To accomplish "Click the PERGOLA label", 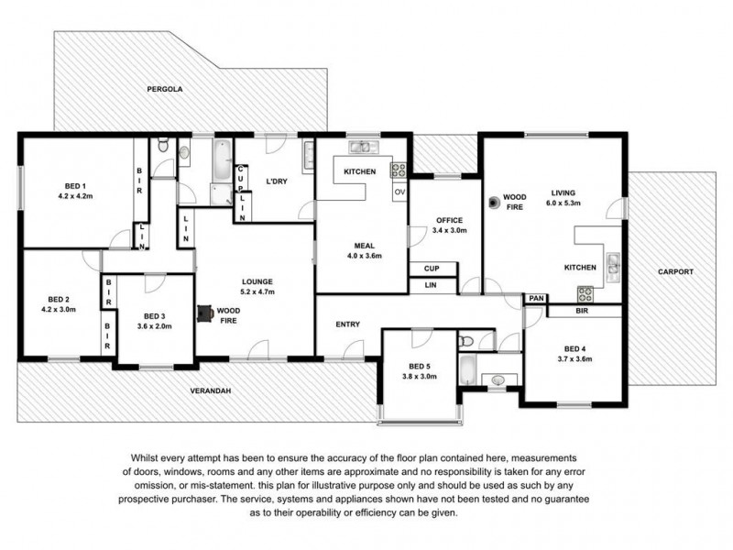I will pyautogui.click(x=165, y=90).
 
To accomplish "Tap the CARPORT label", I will pyautogui.click(x=674, y=272).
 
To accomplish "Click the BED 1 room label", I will pyautogui.click(x=77, y=186).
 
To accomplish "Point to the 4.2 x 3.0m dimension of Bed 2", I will pyautogui.click(x=59, y=310).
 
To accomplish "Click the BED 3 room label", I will pyautogui.click(x=154, y=315).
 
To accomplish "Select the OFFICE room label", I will pyautogui.click(x=449, y=220).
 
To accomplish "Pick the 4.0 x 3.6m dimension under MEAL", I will pyautogui.click(x=365, y=257).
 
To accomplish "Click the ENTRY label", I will pyautogui.click(x=347, y=324).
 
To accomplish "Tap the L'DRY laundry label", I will pyautogui.click(x=277, y=181).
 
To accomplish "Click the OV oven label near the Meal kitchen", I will pyautogui.click(x=399, y=192).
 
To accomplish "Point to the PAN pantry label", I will pyautogui.click(x=534, y=299).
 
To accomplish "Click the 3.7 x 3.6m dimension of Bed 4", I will pyautogui.click(x=574, y=359).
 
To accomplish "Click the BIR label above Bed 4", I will pyautogui.click(x=582, y=312).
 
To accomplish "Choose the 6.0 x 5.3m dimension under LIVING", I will pyautogui.click(x=563, y=203).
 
